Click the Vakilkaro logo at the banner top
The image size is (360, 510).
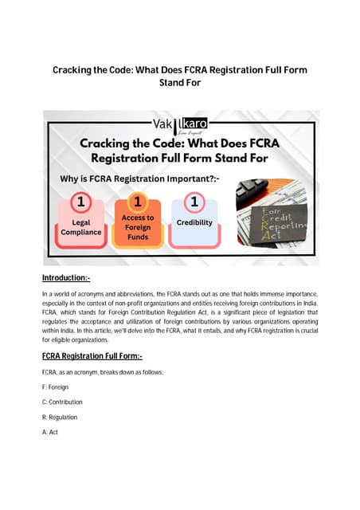point(180,124)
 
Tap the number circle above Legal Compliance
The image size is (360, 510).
point(80,202)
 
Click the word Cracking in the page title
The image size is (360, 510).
point(76,70)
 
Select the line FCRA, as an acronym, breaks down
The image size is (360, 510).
point(93,372)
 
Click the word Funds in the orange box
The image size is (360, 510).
point(138,237)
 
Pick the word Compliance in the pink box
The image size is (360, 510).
point(81,232)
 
